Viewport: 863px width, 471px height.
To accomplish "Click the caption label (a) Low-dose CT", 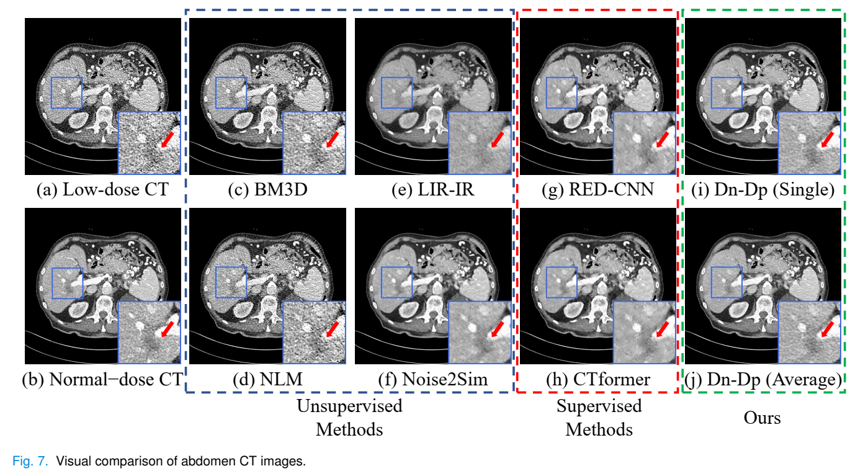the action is pos(102,190).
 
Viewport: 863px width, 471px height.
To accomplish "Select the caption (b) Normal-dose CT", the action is pos(102,379).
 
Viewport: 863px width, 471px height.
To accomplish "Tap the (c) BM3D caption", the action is pos(269,190).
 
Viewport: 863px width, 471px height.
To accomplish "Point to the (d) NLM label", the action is pos(269,379).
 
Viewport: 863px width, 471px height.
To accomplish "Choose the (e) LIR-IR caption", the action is pos(433,190).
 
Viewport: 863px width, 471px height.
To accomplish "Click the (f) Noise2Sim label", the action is pos(433,379).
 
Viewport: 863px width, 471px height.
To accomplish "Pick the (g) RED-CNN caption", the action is pos(598,190).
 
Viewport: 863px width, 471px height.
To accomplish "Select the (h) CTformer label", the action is pos(598,379).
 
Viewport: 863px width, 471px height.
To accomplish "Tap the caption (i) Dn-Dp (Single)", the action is pos(762,190).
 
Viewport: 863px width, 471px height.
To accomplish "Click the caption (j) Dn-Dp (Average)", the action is pos(762,379).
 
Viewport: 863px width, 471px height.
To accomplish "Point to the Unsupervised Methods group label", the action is pos(349,418).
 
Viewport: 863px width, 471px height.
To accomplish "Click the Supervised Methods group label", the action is pos(599,418).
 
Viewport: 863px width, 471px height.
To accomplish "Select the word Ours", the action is pos(762,418).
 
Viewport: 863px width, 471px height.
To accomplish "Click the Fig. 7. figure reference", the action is pos(30,462).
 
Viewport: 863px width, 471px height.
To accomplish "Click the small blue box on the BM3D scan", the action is pos(231,92).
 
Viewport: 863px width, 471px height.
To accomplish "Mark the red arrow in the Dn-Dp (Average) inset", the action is pos(828,329).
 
